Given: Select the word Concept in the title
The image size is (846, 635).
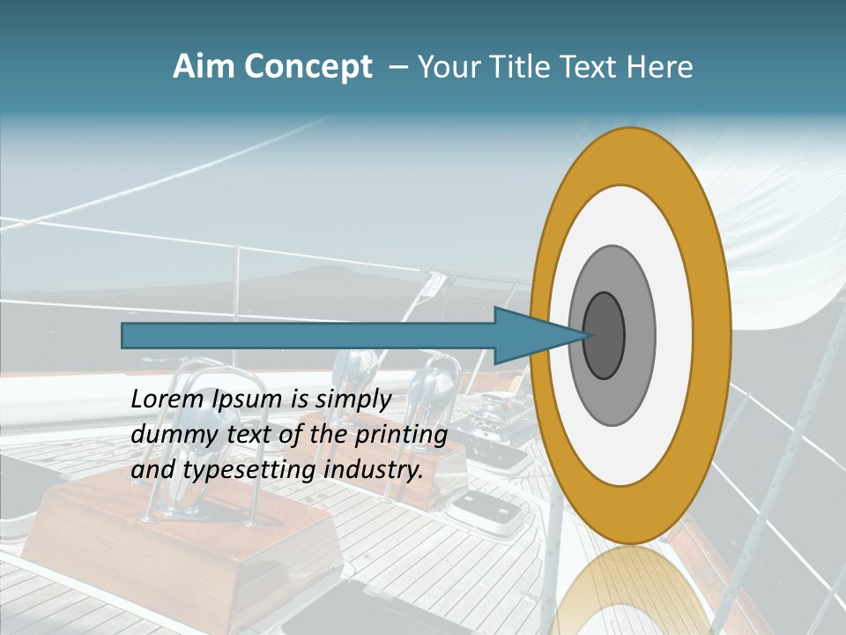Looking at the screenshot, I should (x=308, y=68).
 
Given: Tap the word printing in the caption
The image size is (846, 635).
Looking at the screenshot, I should (x=400, y=435).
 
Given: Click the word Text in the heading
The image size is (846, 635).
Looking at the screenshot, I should (x=591, y=67).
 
